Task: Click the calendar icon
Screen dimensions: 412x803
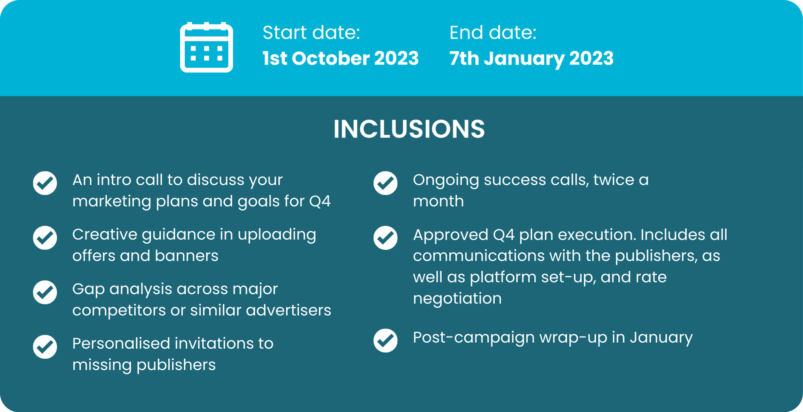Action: [x=206, y=47]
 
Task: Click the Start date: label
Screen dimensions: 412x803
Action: [x=311, y=32]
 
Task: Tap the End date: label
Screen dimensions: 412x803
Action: [x=493, y=32]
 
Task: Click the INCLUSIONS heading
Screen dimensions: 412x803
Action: [x=409, y=129]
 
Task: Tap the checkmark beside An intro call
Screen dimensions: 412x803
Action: [x=45, y=183]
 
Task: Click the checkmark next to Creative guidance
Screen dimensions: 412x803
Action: [x=45, y=238]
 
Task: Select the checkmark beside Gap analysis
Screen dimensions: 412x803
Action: [x=45, y=292]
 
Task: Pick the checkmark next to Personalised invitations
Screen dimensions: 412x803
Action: [x=45, y=347]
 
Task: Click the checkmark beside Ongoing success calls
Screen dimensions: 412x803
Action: [x=385, y=183]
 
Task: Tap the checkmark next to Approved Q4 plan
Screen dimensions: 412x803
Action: [x=385, y=238]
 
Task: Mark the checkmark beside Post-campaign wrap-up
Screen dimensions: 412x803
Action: [x=385, y=340]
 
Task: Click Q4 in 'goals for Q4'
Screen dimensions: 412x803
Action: [x=320, y=201]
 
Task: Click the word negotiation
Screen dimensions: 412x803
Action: [x=457, y=299]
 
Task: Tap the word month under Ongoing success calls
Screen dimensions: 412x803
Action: [x=438, y=201]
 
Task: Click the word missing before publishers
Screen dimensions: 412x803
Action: [x=102, y=365]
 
